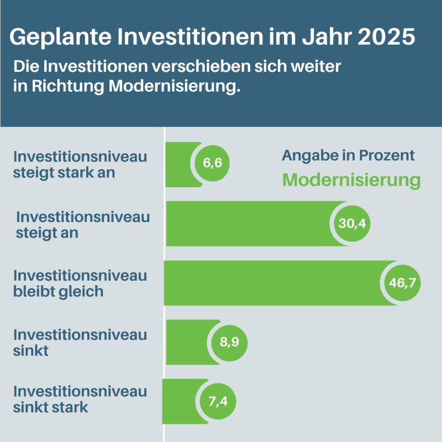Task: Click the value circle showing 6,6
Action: click(x=212, y=164)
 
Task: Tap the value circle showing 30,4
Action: click(x=352, y=223)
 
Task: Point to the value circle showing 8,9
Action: click(x=229, y=343)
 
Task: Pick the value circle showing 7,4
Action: click(x=218, y=401)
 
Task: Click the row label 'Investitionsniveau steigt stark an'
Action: click(x=80, y=164)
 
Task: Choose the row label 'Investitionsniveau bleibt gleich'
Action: click(x=80, y=283)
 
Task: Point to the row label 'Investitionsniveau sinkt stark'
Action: click(x=80, y=400)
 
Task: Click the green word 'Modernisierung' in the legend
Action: click(x=351, y=180)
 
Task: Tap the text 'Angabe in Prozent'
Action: click(x=348, y=156)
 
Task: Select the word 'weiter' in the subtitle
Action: click(x=319, y=67)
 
